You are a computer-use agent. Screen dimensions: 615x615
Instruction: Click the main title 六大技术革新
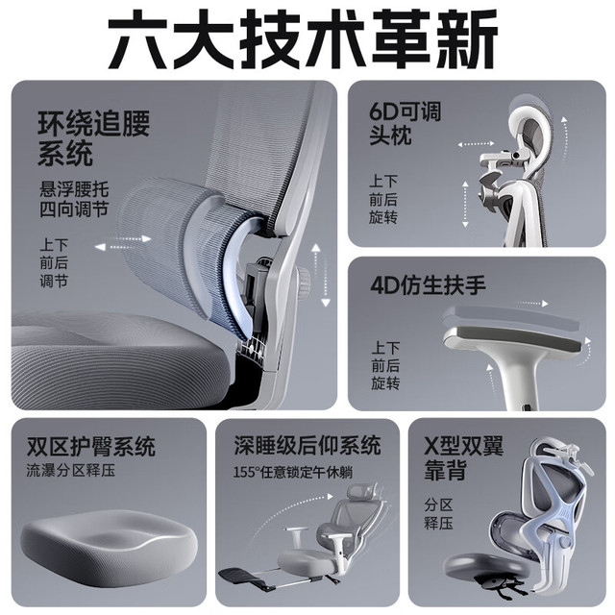coord(303,39)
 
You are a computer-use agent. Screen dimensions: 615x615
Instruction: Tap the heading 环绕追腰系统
coord(93,138)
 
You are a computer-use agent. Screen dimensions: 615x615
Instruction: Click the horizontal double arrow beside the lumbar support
coord(123,243)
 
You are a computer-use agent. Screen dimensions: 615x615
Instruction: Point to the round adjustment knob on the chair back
coord(304,282)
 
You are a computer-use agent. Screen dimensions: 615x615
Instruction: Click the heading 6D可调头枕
coord(406,123)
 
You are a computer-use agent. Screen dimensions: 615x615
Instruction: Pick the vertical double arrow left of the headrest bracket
coord(465,204)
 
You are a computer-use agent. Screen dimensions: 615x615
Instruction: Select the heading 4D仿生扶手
coord(428,285)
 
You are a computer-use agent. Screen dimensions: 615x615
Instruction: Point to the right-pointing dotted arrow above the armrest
coord(531,304)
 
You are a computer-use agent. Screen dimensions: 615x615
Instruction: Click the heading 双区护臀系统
coord(91,446)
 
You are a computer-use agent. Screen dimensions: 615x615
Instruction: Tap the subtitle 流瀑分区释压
coord(71,471)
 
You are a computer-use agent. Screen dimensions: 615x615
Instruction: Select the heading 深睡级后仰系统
coord(307,445)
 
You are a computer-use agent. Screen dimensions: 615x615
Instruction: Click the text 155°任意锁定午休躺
coord(293,472)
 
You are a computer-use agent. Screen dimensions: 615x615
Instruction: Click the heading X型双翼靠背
coord(464,457)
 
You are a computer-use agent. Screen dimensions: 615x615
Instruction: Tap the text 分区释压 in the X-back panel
coord(438,514)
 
